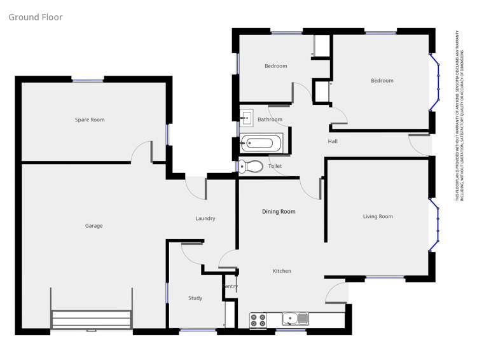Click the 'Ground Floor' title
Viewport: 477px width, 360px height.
coord(36,17)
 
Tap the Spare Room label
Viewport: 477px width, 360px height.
coord(90,120)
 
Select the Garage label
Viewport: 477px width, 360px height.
coord(94,226)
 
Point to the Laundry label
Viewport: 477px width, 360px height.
coord(205,218)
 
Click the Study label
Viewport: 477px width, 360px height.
coord(195,298)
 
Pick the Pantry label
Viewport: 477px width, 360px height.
coord(230,286)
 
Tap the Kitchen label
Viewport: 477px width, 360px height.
coord(282,271)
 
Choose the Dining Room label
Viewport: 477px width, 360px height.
coord(279,211)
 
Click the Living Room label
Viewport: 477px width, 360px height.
coord(378,216)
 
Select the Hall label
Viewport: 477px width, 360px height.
coord(333,141)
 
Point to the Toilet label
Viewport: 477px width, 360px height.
coord(275,166)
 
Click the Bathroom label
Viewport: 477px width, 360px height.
coord(270,120)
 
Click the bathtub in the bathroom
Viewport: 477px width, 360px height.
coord(262,142)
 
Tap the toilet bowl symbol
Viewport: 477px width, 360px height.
coord(252,167)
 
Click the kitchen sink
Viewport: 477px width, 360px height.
coord(294,318)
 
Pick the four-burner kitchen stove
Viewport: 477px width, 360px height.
coord(258,320)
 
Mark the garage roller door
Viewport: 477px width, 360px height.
coord(92,319)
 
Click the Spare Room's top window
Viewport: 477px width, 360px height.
coord(88,80)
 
